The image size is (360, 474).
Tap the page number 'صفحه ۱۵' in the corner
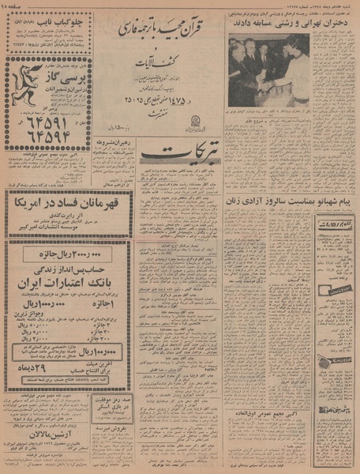coord(342,6)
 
